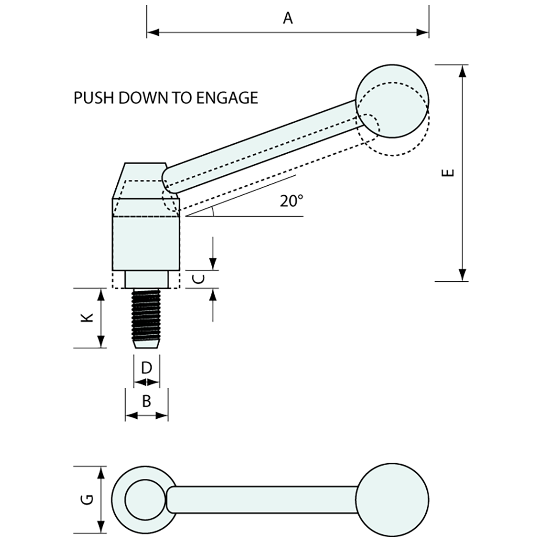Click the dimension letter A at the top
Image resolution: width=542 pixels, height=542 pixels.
point(288,19)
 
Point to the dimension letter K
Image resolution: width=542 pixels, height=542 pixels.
point(87,318)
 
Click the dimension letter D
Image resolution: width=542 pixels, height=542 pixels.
point(146,368)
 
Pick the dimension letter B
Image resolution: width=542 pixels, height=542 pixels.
point(146,401)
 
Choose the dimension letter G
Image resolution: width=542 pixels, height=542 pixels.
point(87,500)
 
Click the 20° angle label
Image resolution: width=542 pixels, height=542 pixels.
point(292,201)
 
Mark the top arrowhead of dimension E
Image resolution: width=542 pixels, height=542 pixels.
point(462,71)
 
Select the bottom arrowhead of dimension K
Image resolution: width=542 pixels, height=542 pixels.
point(101,341)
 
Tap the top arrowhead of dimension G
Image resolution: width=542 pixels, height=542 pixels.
point(101,473)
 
